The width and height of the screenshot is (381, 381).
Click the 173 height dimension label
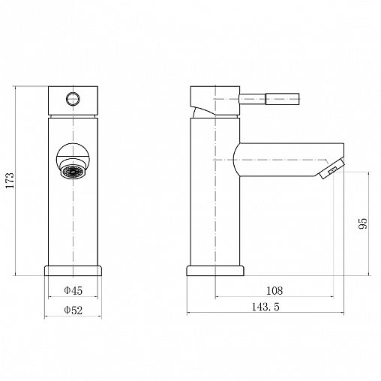click(10, 180)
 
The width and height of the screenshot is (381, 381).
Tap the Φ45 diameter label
click(73, 290)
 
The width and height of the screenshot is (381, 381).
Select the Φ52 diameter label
click(73, 310)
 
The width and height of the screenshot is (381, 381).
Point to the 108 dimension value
click(274, 290)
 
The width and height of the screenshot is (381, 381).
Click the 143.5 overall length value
click(265, 307)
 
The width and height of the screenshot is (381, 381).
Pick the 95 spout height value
click(363, 223)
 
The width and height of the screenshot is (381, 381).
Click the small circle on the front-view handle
click(73, 98)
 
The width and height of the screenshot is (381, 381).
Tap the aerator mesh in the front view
click(73, 172)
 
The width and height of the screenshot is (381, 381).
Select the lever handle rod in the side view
click(269, 99)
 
